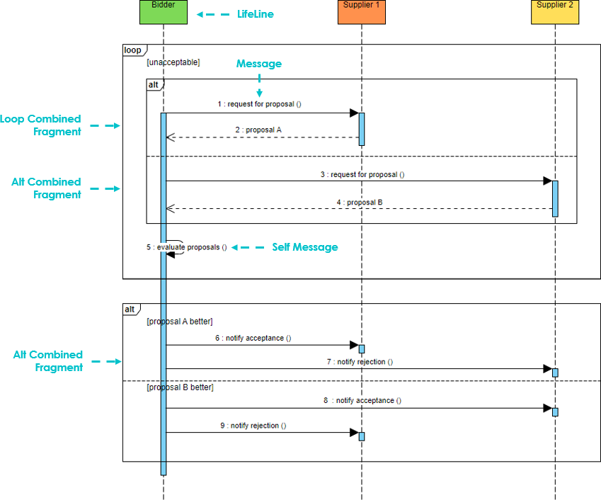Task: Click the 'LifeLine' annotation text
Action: click(x=255, y=14)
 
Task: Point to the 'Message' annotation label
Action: click(x=258, y=64)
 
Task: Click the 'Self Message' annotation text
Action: click(x=304, y=247)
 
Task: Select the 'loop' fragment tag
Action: click(x=132, y=50)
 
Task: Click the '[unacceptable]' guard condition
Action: click(x=173, y=62)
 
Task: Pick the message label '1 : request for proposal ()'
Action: click(x=259, y=104)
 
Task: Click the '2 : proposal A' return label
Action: click(x=259, y=130)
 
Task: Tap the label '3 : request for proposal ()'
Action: click(x=362, y=174)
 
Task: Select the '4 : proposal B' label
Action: click(x=360, y=202)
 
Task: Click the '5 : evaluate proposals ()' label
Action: click(x=187, y=247)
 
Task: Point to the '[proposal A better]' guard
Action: click(x=179, y=322)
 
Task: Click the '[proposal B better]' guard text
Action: click(x=179, y=387)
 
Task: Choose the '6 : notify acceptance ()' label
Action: click(x=253, y=338)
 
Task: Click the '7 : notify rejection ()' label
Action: click(x=360, y=362)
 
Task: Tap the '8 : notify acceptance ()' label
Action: click(x=362, y=400)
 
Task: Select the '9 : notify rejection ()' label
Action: click(x=253, y=426)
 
